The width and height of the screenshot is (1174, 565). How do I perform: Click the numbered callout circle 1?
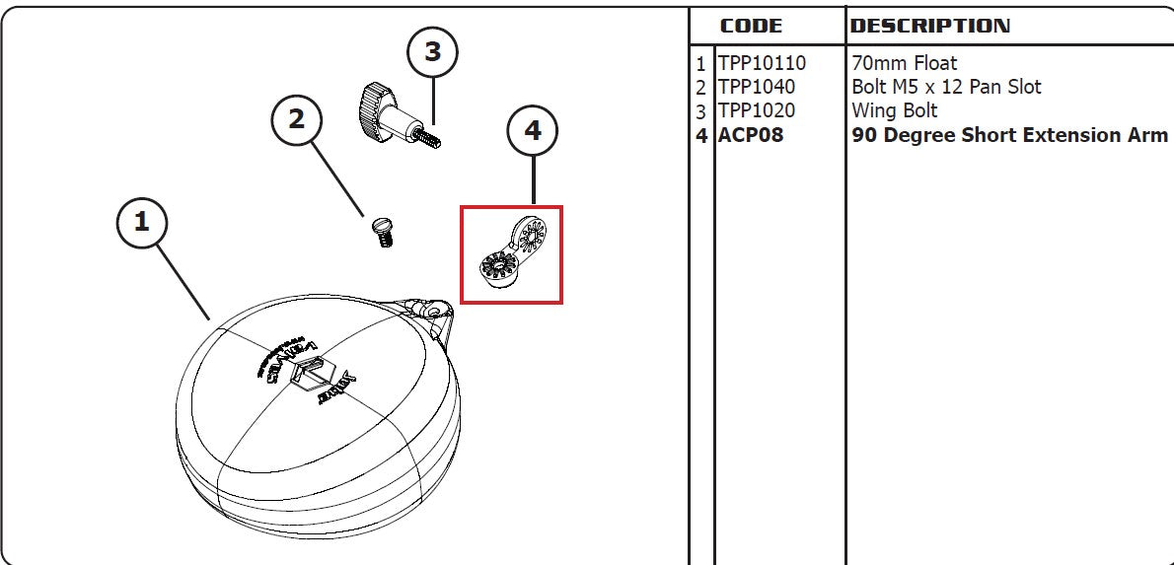point(142,222)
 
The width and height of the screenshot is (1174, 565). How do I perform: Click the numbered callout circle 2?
point(297,119)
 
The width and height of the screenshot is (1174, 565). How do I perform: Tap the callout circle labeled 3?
point(433,52)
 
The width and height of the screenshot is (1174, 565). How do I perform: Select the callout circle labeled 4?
point(533,130)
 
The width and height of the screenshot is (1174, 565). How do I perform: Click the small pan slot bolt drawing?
point(381,233)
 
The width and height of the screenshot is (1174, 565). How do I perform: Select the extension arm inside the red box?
point(511,253)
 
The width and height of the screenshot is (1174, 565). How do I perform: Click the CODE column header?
point(751,27)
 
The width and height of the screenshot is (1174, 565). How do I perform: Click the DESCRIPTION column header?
point(929,27)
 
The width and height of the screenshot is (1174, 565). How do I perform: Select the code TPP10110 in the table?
point(762,63)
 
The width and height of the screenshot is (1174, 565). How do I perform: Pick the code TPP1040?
point(756,87)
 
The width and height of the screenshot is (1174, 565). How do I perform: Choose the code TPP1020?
point(756,110)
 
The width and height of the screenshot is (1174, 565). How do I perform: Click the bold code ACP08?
point(751,135)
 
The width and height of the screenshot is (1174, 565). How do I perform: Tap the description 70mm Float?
point(904,63)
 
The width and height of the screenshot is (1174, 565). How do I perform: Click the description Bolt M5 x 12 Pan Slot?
point(945,87)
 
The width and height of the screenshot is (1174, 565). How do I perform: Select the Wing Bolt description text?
point(894,110)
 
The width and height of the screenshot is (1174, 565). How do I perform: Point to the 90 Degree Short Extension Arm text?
point(1008,135)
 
